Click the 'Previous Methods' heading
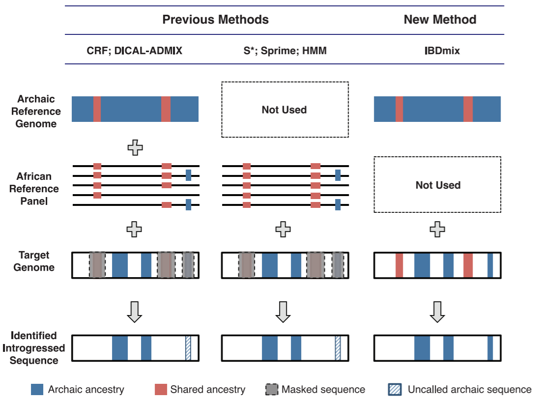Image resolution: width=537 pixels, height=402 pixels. point(215,20)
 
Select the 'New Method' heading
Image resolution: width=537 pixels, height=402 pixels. point(440,20)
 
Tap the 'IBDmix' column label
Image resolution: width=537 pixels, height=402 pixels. point(442,51)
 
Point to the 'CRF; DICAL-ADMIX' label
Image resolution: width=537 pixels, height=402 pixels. point(134,51)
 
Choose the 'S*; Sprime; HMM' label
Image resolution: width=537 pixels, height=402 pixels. point(285,51)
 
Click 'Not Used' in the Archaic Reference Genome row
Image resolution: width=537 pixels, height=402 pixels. point(284,110)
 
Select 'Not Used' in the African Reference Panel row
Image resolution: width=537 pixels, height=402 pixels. point(438,185)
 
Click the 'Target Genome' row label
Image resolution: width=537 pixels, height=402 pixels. point(34,261)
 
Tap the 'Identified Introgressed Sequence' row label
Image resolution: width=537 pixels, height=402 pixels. point(33,348)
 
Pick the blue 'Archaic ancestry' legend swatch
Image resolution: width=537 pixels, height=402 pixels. point(37,389)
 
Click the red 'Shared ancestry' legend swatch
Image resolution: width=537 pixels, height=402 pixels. point(161,389)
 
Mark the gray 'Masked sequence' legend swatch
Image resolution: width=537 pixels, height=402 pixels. point(272,389)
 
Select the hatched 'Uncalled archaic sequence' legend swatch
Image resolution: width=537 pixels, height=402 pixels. point(395,389)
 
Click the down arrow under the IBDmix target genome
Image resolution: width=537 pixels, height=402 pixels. point(437,312)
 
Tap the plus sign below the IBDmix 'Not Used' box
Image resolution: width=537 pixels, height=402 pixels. point(437,230)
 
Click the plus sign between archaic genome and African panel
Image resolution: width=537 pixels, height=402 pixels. point(135,148)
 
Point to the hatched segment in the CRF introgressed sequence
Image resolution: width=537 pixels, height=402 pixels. point(188,348)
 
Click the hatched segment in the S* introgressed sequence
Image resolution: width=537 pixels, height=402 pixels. point(338,348)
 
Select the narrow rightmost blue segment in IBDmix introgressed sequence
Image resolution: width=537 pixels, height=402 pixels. point(490,348)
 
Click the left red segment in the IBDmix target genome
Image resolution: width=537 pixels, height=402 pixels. point(399,265)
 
